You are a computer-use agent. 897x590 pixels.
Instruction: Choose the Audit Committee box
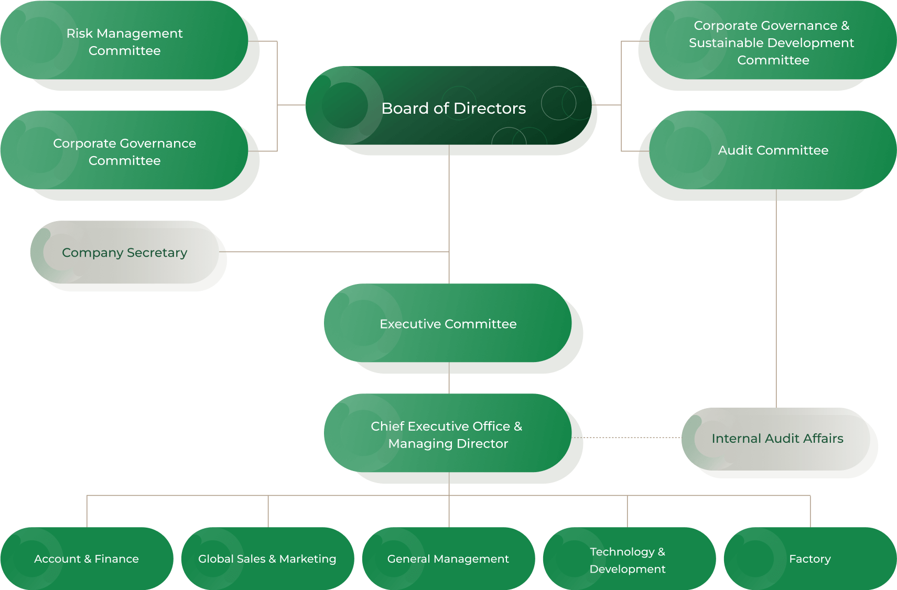coord(773,150)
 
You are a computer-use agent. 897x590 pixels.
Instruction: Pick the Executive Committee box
coord(448,323)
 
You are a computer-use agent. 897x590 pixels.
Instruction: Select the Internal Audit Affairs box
coord(777,439)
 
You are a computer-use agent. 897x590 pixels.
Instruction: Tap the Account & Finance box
coord(87,559)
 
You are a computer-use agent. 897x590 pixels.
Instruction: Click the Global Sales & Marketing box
coord(267,559)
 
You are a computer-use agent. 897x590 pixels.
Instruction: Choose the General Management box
coord(448,559)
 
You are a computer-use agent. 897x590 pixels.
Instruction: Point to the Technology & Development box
coord(628,560)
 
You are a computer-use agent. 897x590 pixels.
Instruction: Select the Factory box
coord(810,559)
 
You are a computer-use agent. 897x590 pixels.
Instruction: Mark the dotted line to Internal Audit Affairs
coord(629,437)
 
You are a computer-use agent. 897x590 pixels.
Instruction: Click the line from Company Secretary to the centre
coord(336,252)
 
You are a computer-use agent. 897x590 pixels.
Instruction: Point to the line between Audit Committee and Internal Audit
coord(776,299)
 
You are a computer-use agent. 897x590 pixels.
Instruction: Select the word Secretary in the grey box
coord(157,253)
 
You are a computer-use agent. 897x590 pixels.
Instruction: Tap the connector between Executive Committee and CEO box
coord(449,378)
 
